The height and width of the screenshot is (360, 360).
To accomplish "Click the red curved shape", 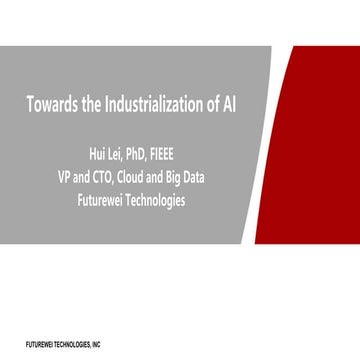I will (320, 150).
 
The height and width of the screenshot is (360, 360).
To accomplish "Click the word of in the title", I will (208, 103).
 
